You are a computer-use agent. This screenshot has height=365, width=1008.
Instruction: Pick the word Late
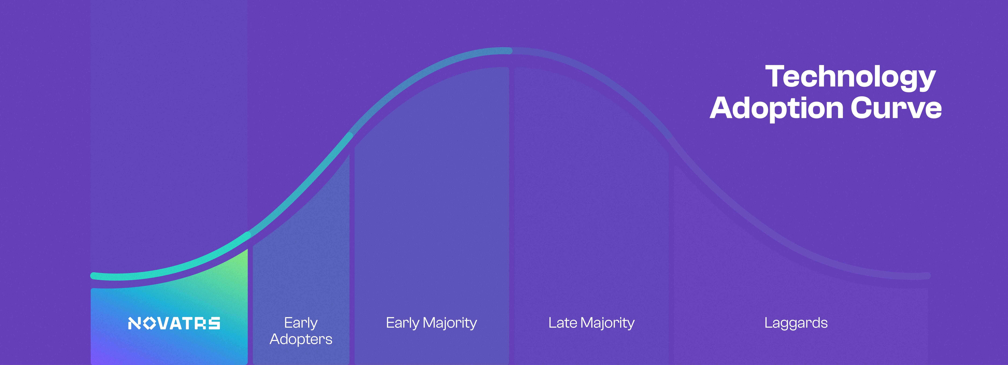(x=563, y=323)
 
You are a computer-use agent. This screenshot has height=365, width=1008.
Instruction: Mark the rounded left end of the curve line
(x=93, y=276)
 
